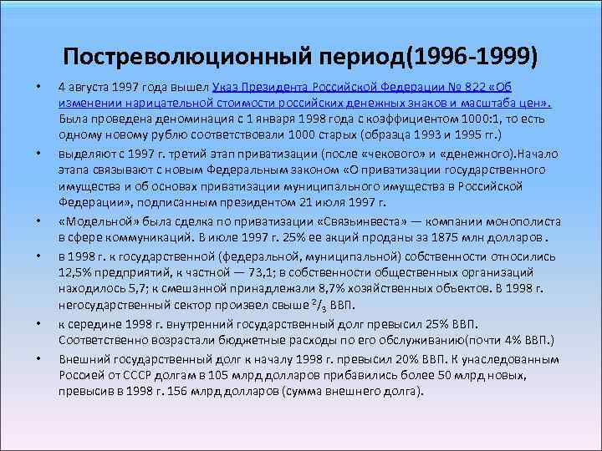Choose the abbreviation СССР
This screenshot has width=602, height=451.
click(x=129, y=374)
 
